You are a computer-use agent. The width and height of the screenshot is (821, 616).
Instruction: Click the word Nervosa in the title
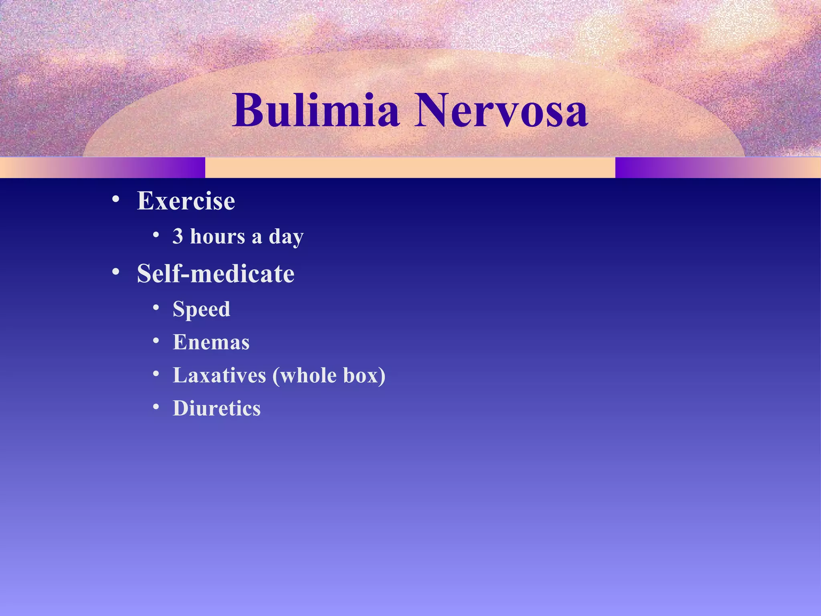501,110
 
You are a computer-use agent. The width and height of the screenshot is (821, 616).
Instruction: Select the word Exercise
186,201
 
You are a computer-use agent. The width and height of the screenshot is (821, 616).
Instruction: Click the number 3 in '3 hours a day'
178,236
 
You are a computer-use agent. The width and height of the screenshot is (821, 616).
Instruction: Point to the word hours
217,236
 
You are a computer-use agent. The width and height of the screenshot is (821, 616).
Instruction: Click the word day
286,237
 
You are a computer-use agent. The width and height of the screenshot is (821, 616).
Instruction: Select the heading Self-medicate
216,274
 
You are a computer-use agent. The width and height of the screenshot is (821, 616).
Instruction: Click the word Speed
201,310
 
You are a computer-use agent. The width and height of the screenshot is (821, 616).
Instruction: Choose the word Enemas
211,342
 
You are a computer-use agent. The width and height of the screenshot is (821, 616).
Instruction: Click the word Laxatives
219,375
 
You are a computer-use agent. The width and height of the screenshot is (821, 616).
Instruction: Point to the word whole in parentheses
308,375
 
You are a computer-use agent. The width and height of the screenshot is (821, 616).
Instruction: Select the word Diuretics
216,408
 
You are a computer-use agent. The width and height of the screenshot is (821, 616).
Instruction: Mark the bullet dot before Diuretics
156,407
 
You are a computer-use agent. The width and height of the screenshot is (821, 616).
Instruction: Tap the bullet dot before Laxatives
156,374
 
